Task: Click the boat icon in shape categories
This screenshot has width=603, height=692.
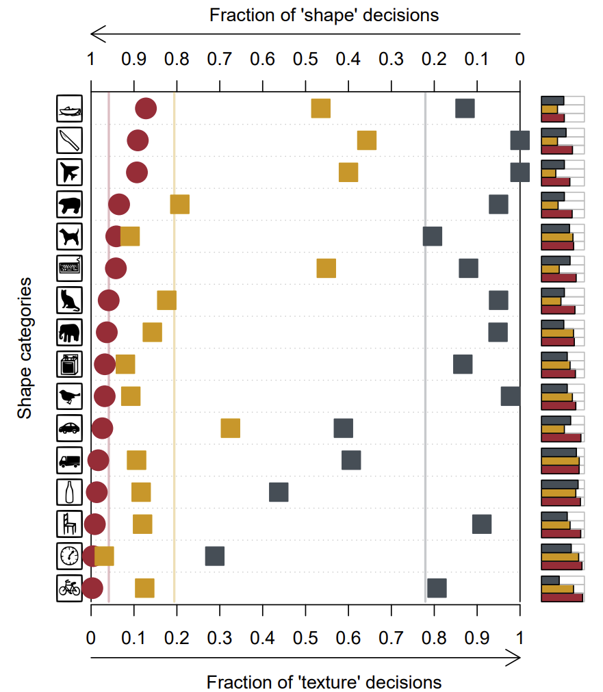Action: [x=69, y=109]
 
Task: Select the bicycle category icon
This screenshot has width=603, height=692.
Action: [x=69, y=588]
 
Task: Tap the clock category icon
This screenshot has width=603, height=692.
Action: [x=69, y=556]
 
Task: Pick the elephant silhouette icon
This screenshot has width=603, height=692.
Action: [x=69, y=333]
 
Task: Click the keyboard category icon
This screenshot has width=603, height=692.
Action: [x=69, y=268]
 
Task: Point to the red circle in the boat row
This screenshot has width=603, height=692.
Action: [x=145, y=109]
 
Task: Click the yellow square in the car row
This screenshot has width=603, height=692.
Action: [x=231, y=428]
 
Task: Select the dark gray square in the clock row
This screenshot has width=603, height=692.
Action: [x=215, y=556]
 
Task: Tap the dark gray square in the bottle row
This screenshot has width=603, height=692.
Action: [x=279, y=492]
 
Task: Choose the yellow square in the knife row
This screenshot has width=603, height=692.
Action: [x=367, y=140]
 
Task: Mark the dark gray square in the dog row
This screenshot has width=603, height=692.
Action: [x=433, y=236]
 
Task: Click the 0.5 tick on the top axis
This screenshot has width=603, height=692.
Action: [x=305, y=60]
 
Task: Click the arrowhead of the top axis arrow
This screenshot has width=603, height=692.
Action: [x=97, y=33]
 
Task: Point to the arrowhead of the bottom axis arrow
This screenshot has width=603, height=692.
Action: [x=515, y=658]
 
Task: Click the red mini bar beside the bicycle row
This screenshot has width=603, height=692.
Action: [x=562, y=598]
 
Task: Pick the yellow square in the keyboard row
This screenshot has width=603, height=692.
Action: [x=326, y=268]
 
